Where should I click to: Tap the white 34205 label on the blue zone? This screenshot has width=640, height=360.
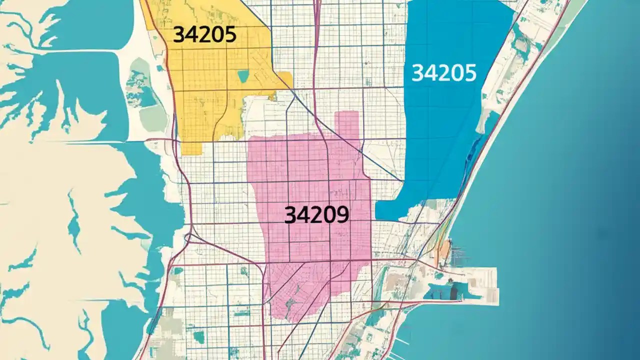coord(444,73)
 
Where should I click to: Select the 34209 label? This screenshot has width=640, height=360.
coord(316,215)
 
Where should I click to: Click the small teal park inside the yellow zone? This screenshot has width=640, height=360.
coord(243,76)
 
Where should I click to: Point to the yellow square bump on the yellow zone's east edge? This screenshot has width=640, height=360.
coord(284,79)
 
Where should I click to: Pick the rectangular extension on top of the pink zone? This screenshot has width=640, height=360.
coord(347,125)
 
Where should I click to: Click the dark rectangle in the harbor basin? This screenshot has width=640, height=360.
coord(454,291)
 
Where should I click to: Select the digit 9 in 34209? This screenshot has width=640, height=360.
coord(341,215)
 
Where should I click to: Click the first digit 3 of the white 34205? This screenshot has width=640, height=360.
coord(418,73)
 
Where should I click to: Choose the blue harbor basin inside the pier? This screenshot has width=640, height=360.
coord(440,291)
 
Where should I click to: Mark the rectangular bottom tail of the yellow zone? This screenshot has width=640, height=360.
coord(191,146)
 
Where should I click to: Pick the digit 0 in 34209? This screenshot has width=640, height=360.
coord(329,215)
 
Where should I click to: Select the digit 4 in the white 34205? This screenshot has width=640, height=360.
coord(430,73)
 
